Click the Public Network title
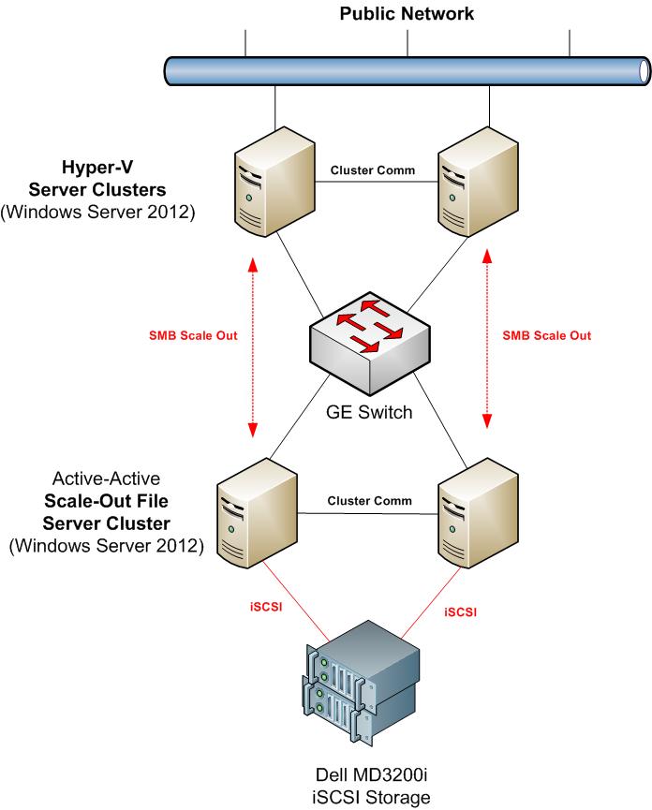[x=407, y=13]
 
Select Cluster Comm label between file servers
[x=369, y=501]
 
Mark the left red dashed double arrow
[x=252, y=346]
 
